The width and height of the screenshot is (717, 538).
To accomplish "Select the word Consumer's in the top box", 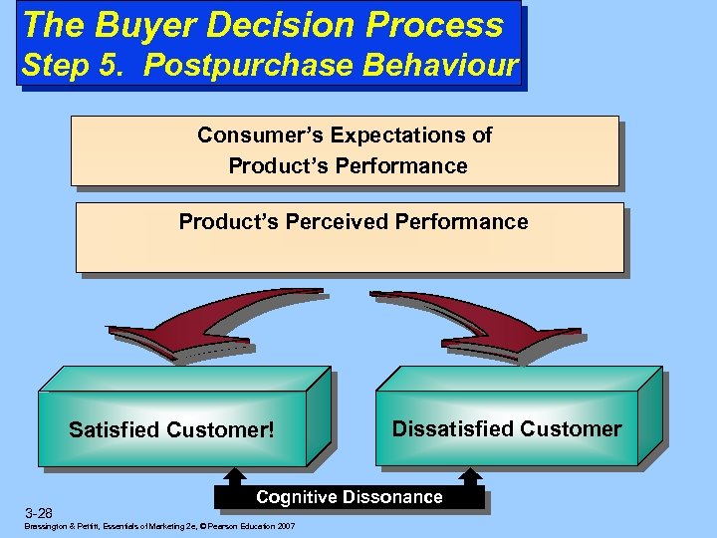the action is pos(262,134).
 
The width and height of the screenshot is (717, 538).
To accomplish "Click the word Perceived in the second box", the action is pos(339,221).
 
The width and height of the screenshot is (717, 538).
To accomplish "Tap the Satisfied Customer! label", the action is pos(171,430).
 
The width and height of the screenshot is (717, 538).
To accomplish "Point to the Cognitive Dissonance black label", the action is pos(349,497).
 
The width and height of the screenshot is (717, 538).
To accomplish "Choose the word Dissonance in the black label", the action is pos(393,497).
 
